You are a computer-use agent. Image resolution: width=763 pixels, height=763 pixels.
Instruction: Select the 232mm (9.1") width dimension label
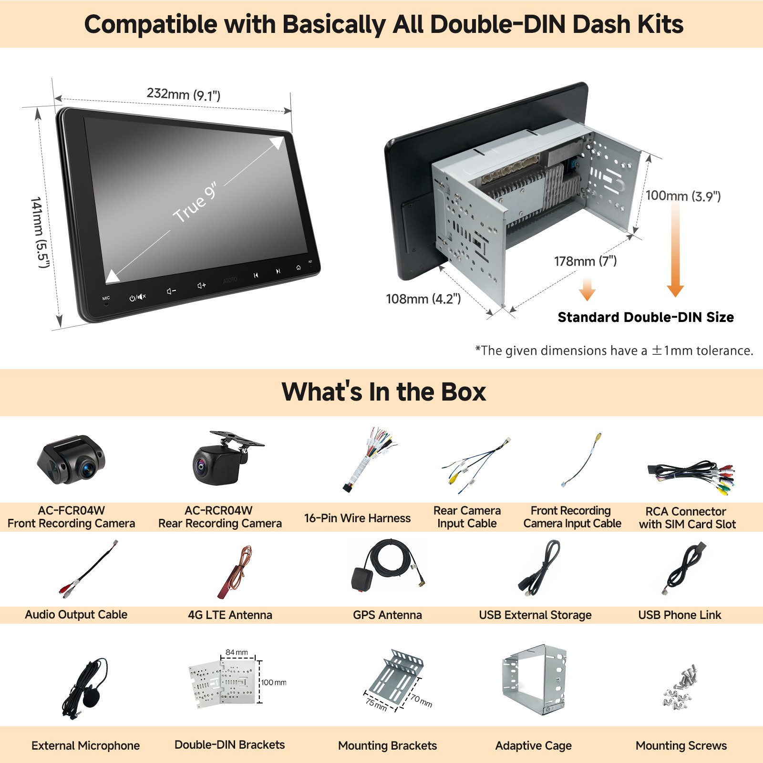tap(184, 94)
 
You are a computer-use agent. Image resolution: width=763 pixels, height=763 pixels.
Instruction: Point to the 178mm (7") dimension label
tap(585, 261)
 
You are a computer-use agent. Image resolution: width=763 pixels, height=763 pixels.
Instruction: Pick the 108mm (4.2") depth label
tap(423, 299)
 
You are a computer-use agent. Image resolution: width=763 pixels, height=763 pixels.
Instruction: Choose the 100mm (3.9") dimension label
tap(683, 196)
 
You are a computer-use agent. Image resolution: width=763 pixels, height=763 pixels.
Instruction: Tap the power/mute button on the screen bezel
tap(138, 298)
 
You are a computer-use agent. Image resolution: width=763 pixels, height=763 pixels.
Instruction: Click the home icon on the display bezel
tap(299, 268)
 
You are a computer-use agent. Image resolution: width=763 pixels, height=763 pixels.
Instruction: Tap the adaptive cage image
tap(534, 679)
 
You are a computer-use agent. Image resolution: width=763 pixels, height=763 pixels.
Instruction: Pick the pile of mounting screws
tap(680, 687)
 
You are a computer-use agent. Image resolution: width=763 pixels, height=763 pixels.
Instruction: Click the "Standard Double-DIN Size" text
tap(646, 317)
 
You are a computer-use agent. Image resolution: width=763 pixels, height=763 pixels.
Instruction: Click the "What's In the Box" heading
tap(384, 392)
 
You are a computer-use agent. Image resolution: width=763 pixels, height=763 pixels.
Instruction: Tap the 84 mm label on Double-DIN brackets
tap(237, 652)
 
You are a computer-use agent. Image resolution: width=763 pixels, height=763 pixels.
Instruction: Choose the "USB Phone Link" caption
tap(680, 615)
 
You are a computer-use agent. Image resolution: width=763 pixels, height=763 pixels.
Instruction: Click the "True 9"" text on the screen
tap(195, 202)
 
